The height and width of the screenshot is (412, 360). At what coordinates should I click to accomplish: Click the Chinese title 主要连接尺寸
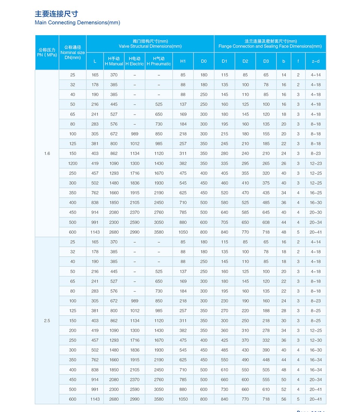[x=56, y=14]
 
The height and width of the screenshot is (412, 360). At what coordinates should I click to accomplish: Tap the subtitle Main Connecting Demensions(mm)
[x=77, y=22]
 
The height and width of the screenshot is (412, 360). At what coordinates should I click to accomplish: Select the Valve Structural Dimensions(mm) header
[x=150, y=44]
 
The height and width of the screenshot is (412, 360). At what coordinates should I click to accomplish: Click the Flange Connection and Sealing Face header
[x=270, y=44]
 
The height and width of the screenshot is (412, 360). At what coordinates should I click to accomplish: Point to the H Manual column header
[x=114, y=61]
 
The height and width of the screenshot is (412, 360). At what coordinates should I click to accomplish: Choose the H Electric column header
[x=135, y=61]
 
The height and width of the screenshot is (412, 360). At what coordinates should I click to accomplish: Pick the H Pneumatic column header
[x=159, y=61]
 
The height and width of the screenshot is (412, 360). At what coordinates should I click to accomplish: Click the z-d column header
[x=316, y=61]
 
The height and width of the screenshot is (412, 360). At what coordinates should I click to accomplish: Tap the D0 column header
[x=204, y=61]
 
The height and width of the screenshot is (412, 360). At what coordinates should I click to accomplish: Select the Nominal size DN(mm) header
[x=72, y=52]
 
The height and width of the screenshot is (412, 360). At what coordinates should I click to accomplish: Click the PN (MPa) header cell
[x=47, y=52]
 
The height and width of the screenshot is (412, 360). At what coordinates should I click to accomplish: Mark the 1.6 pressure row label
[x=47, y=154]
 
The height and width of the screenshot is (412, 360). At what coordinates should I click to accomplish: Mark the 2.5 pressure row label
[x=47, y=321]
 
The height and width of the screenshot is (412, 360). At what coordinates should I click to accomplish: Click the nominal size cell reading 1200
[x=72, y=163]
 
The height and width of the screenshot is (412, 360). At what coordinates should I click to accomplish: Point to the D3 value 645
[x=266, y=212]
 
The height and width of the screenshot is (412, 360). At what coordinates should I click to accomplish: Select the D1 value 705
[x=224, y=222]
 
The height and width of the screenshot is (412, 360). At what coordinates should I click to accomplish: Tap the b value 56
[x=283, y=399]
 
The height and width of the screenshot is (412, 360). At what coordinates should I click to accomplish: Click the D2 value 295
[x=245, y=163]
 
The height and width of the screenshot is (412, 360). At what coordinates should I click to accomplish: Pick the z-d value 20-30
[x=316, y=212]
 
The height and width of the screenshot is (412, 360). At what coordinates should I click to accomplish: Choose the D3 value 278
[x=266, y=330]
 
